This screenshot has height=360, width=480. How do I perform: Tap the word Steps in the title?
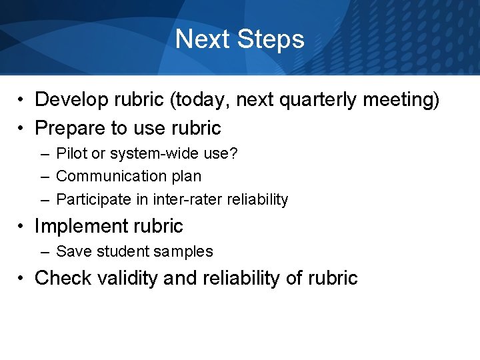click(x=270, y=40)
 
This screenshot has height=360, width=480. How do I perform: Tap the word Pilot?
click(x=71, y=153)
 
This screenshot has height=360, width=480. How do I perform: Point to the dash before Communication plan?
click(x=44, y=177)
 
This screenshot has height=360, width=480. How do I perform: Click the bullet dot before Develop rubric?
click(x=22, y=101)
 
